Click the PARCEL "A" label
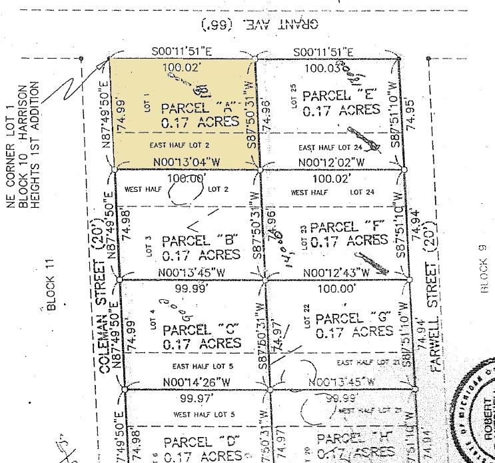(200, 107)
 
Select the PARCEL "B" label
(201, 240)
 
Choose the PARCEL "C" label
(202, 329)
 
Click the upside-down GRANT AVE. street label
(260, 23)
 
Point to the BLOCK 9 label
(483, 268)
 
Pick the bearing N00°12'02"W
(331, 161)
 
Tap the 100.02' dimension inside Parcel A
(181, 67)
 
